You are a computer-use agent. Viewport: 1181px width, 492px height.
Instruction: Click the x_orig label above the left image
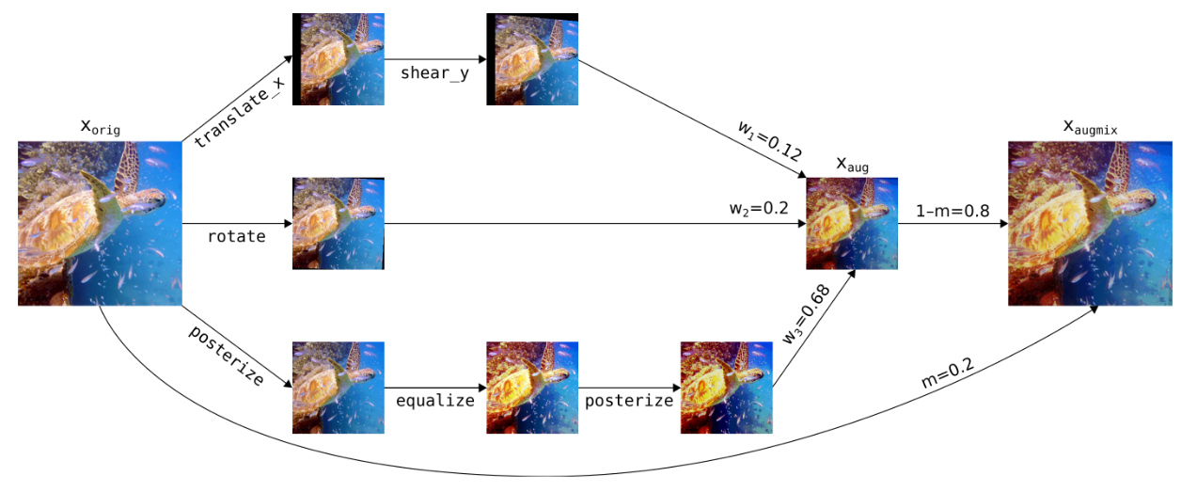coord(101,127)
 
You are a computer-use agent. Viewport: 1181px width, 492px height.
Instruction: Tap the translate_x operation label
coord(240,112)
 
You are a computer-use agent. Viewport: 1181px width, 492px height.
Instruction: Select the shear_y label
coord(435,72)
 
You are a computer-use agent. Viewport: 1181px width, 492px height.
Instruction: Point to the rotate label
coord(236,236)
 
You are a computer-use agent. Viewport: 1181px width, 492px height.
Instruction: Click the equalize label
coord(435,401)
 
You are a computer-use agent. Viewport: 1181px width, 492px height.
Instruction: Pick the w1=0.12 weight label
coord(770,141)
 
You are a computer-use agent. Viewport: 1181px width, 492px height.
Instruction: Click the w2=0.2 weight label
coord(759,208)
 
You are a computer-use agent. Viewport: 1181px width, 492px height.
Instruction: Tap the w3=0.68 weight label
coord(806,314)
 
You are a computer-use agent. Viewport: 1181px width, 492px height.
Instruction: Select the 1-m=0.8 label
coord(953,211)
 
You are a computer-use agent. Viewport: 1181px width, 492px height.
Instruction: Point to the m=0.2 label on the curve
coord(948,373)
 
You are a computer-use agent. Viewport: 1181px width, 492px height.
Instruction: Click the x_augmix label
coord(1090,127)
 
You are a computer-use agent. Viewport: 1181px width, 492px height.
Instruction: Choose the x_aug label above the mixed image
coord(852,165)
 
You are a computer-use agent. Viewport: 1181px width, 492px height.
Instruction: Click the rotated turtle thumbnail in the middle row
coord(339,224)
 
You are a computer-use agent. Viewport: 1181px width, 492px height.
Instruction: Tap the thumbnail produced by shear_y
coord(532,59)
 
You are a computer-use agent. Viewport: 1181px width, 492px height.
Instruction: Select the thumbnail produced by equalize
coord(532,388)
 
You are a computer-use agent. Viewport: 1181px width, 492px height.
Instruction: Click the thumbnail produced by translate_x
coord(339,59)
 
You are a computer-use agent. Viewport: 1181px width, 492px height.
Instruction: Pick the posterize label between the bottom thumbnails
coord(629,401)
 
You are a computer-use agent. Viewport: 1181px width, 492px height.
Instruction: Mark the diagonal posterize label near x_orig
coord(227,356)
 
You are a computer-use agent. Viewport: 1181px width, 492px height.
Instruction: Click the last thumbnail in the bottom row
coord(727,388)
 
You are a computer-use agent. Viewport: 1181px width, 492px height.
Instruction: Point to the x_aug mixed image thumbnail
coord(852,224)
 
